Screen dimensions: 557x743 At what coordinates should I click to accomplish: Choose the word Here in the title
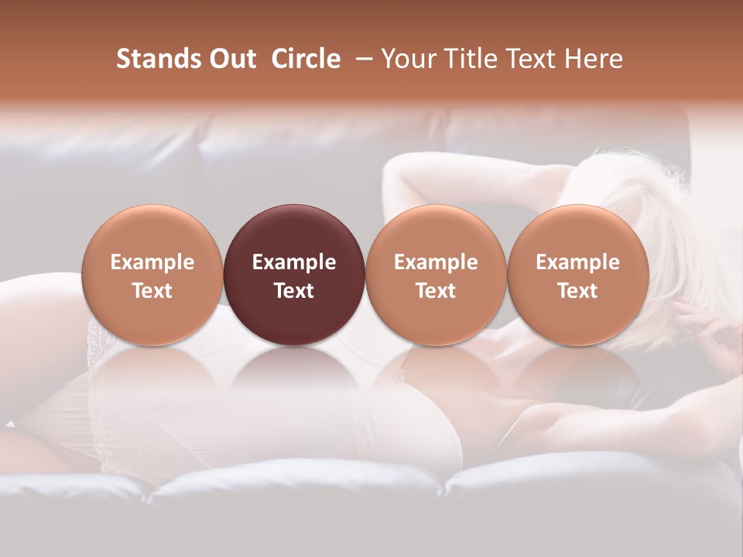click(593, 59)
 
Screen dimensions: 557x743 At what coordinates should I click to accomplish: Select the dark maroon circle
click(294, 275)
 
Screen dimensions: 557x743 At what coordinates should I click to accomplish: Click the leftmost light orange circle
click(152, 275)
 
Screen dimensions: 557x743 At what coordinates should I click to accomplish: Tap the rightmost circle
click(578, 275)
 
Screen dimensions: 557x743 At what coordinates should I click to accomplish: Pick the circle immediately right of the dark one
click(436, 275)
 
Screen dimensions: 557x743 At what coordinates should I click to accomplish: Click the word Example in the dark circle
click(294, 262)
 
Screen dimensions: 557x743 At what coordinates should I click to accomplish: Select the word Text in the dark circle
click(294, 291)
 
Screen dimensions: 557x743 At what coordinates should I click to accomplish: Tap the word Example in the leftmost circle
click(152, 262)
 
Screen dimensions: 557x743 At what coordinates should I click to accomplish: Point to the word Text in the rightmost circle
click(578, 291)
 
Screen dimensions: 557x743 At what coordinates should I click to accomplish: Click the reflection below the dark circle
click(294, 371)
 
